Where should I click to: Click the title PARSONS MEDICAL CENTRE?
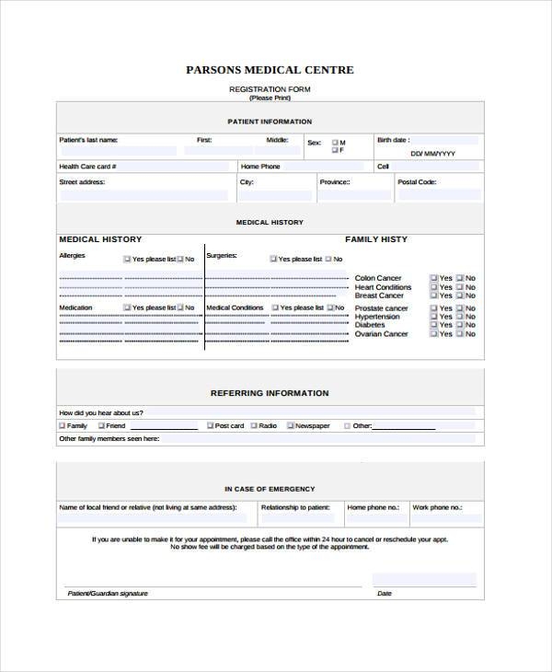click(270, 70)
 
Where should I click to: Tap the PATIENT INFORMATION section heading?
click(270, 122)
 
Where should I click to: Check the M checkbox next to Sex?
click(334, 143)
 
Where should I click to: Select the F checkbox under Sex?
click(334, 150)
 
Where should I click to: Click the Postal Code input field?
click(438, 195)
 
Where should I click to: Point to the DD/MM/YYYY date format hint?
click(432, 154)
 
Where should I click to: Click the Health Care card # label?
click(87, 167)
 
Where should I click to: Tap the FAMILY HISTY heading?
click(375, 239)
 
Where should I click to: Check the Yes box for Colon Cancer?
click(433, 278)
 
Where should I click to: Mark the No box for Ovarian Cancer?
click(459, 334)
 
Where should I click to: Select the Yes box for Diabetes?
click(433, 325)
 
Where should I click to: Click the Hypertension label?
click(377, 317)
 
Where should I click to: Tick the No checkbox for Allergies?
click(180, 260)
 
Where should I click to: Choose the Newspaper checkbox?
click(291, 426)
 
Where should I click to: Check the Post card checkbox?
click(210, 426)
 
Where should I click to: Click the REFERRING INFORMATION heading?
click(270, 393)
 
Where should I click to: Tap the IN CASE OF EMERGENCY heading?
click(270, 489)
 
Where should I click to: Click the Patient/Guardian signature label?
click(108, 594)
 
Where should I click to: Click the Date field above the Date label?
click(424, 580)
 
